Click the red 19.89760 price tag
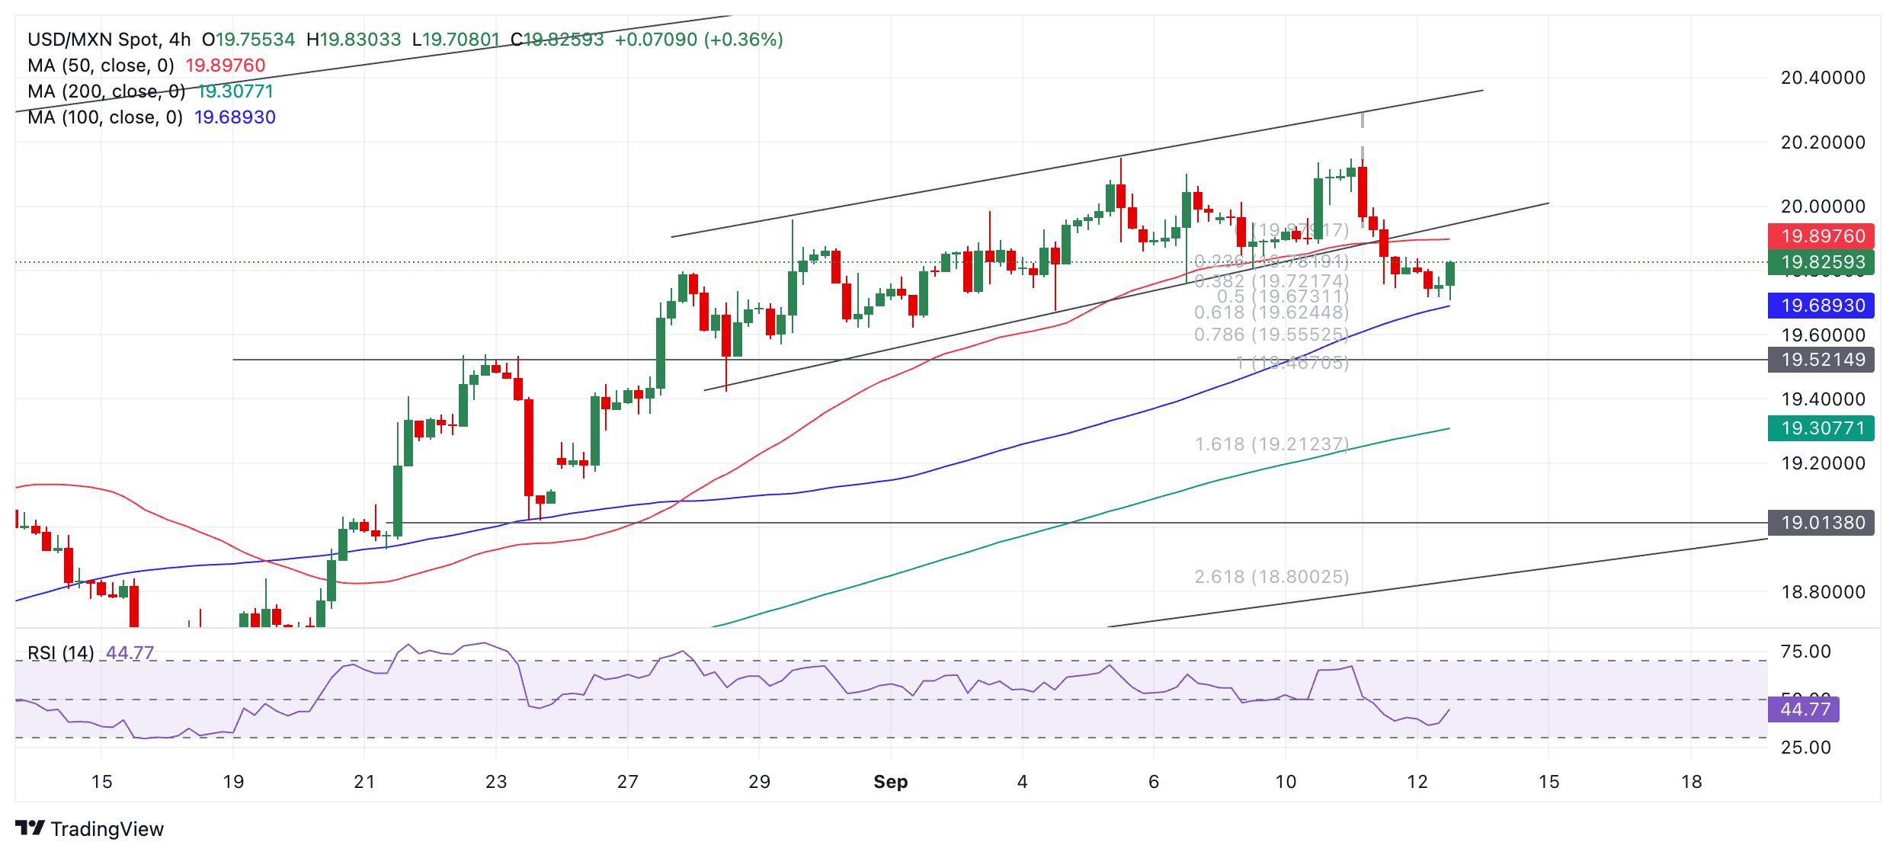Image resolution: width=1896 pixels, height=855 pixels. (1821, 236)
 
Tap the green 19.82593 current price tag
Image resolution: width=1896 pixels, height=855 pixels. (1821, 262)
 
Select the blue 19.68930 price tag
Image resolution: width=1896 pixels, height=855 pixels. (1821, 306)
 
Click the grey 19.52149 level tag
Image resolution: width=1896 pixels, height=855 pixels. (1821, 360)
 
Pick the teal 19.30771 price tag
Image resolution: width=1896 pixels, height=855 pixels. (1821, 428)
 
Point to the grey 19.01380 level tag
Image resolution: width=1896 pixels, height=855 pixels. (1821, 523)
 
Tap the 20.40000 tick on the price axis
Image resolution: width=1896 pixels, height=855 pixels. (1823, 78)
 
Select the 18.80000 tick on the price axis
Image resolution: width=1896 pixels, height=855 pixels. (1823, 592)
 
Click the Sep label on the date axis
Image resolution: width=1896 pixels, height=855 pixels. (890, 782)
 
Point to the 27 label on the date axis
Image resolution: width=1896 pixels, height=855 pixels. (627, 782)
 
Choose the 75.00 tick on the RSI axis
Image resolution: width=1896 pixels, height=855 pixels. (1805, 652)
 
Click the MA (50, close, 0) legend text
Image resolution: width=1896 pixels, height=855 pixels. (101, 66)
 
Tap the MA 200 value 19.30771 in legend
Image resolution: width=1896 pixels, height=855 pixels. (235, 91)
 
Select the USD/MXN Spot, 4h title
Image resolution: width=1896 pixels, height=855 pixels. (109, 40)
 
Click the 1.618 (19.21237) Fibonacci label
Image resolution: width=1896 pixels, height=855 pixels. (1271, 444)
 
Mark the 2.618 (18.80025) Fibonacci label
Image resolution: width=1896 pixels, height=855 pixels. (1271, 577)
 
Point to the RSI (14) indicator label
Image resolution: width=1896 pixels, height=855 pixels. (61, 653)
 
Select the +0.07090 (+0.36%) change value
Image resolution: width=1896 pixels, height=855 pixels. (699, 40)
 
